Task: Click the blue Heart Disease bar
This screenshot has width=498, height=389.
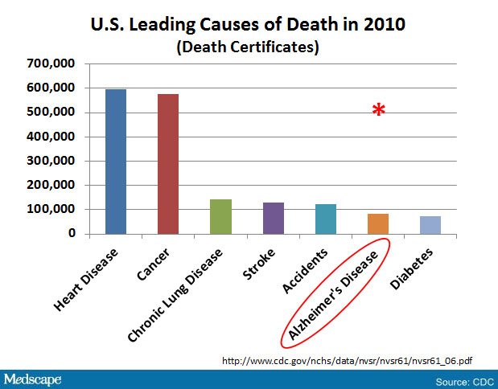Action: point(115,162)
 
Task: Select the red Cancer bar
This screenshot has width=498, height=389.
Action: point(167,164)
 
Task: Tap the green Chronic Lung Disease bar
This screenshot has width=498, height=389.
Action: point(220,216)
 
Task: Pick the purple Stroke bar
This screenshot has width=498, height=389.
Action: point(273,218)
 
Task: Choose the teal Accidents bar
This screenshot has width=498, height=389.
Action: point(325,219)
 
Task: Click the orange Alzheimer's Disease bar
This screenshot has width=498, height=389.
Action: point(377,223)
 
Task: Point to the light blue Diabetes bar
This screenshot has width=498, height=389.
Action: point(430,225)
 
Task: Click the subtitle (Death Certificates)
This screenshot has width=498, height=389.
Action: point(248,47)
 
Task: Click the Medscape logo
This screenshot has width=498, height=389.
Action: point(35,378)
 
